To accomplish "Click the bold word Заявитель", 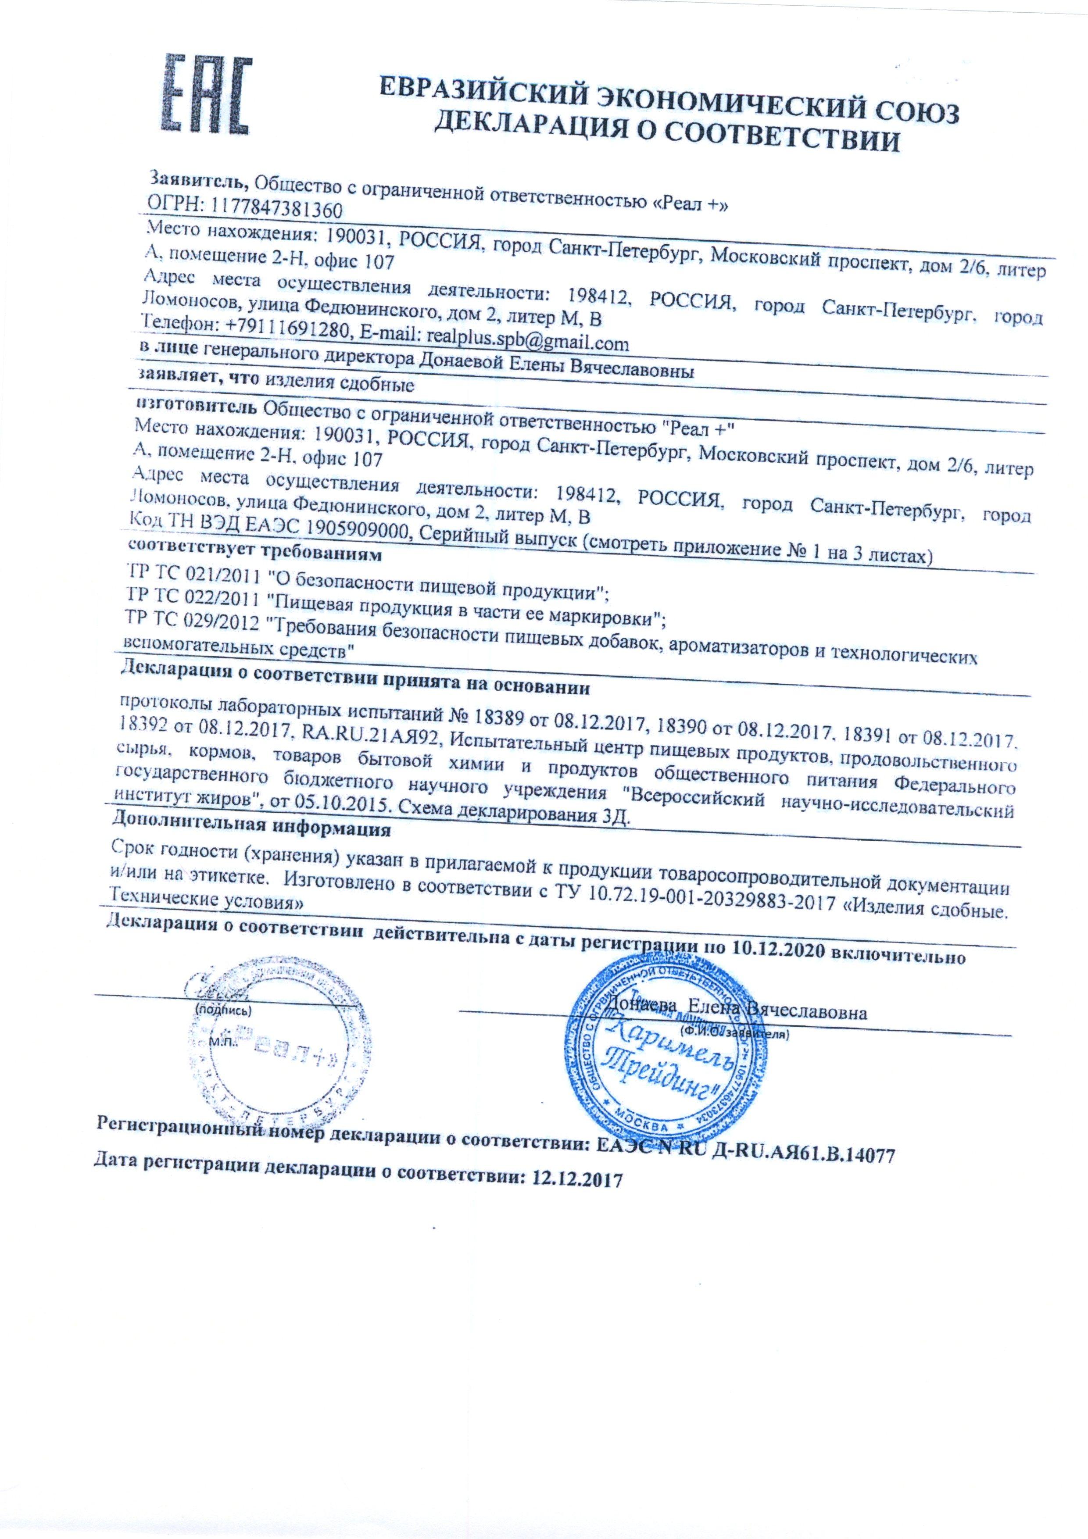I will [199, 180].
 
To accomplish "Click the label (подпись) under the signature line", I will [222, 1009].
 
